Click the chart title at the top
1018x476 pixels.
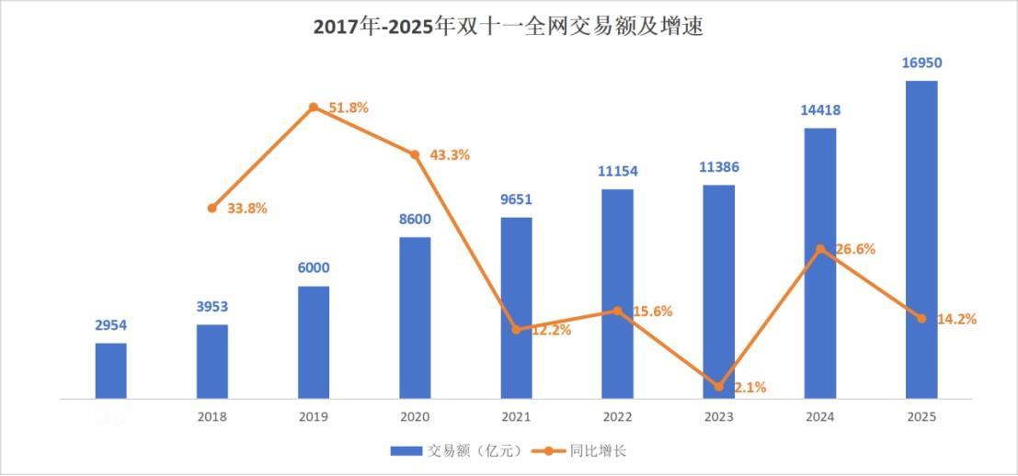(509, 27)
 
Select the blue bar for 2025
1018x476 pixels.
(921, 239)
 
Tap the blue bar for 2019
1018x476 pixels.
(314, 342)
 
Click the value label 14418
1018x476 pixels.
(820, 110)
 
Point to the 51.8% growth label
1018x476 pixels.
(349, 108)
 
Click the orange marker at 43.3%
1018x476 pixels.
(415, 155)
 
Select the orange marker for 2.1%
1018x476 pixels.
(719, 387)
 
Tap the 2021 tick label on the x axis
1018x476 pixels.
(516, 416)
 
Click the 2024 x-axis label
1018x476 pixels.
(820, 416)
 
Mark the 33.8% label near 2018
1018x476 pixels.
(246, 209)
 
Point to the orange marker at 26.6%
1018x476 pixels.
(820, 249)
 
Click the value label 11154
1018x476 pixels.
(617, 171)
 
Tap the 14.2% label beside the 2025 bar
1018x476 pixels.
(956, 319)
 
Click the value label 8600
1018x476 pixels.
(415, 220)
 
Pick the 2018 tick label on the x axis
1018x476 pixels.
(212, 416)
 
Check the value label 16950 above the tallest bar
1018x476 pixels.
(921, 63)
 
